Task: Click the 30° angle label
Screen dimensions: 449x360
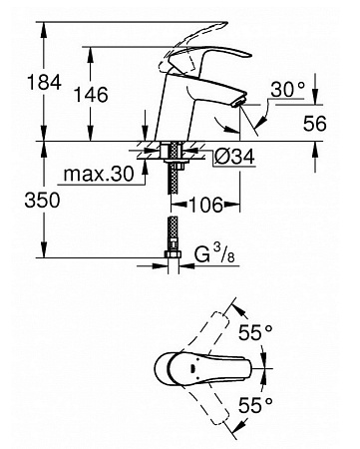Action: coord(290,89)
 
